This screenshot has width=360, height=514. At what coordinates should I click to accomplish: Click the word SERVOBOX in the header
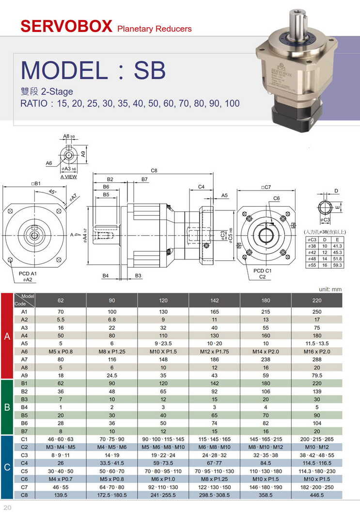coord(66,26)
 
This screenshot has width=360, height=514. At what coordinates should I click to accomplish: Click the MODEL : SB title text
coord(93,70)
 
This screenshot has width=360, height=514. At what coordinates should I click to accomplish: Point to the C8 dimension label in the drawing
coord(154,171)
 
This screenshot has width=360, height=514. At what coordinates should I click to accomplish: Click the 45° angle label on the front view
coord(52,192)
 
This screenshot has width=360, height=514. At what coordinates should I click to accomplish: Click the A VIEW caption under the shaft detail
coord(68,177)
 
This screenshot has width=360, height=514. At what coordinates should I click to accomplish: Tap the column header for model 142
coord(215,300)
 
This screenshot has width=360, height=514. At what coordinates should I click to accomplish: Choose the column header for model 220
coord(317,300)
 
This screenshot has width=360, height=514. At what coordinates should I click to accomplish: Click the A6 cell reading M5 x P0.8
coord(61,351)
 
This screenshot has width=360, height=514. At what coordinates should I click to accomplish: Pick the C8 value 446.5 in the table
coord(317,495)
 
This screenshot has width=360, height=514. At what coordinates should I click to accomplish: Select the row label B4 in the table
coord(24,407)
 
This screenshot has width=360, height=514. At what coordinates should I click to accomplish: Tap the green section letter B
coord(7,407)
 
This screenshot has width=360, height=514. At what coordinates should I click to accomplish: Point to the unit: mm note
coord(330,289)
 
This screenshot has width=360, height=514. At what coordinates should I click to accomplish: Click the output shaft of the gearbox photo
coord(296,22)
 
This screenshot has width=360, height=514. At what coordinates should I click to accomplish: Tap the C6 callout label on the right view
coord(276,198)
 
